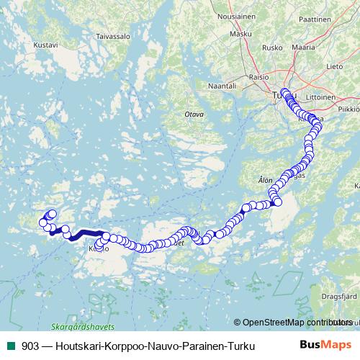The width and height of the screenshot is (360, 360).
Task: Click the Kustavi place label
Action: (45, 44)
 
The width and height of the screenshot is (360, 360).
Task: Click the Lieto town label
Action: (336, 66)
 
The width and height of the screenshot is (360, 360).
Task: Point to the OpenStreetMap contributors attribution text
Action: (296, 322)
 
